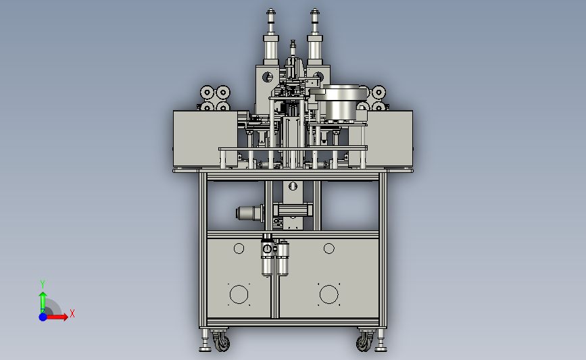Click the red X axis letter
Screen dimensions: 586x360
click(72, 313)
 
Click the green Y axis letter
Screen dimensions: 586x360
click(42, 284)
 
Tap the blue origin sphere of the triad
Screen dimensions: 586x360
click(43, 317)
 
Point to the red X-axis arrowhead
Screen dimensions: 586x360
click(65, 317)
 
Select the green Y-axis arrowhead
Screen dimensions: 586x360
click(43, 295)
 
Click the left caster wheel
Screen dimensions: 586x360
click(222, 342)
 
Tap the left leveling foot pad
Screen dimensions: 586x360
click(205, 349)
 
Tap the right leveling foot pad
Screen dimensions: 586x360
click(381, 349)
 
